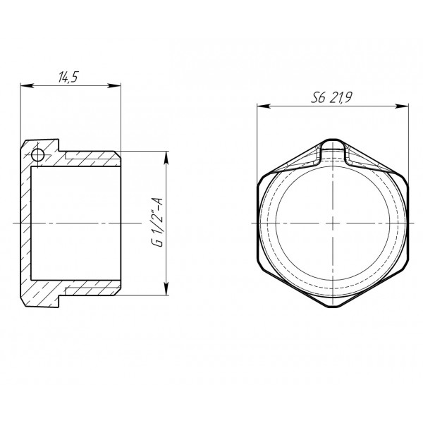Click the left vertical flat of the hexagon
coord(259,223)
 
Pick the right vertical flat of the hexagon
coord(409,223)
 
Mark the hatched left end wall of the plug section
coord(28,223)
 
